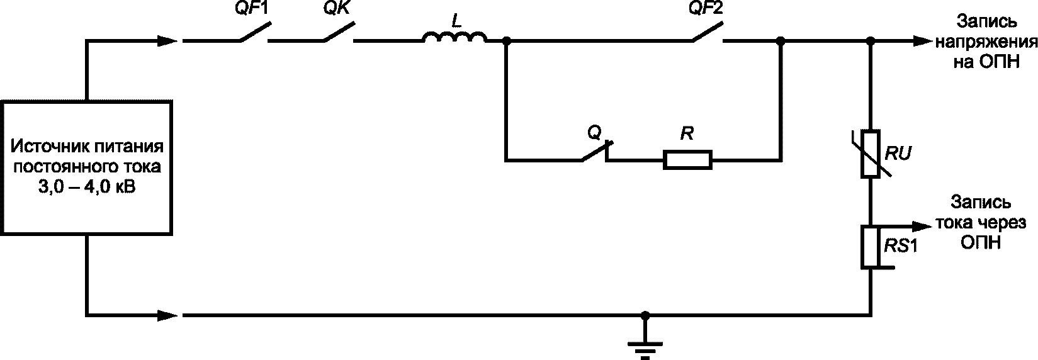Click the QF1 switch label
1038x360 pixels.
pyautogui.click(x=251, y=8)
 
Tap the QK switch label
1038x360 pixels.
pyautogui.click(x=337, y=8)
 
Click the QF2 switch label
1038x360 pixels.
pyautogui.click(x=706, y=8)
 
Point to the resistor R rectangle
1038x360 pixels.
pyautogui.click(x=687, y=160)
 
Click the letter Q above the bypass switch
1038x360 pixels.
pyautogui.click(x=594, y=133)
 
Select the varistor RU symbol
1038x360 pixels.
pyautogui.click(x=871, y=154)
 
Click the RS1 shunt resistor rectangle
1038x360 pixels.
pyautogui.click(x=871, y=247)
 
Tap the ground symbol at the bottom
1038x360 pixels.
pyautogui.click(x=645, y=349)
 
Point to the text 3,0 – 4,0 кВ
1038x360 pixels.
pyautogui.click(x=87, y=187)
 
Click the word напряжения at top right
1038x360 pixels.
pyautogui.click(x=986, y=42)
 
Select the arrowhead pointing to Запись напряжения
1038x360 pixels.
pyautogui.click(x=922, y=42)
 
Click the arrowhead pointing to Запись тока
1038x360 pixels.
pyautogui.click(x=922, y=227)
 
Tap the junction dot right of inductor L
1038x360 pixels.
pyautogui.click(x=507, y=42)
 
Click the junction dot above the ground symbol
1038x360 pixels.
pyautogui.click(x=645, y=315)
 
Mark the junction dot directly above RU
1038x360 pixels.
pyautogui.click(x=871, y=42)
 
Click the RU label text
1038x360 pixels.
pyautogui.click(x=898, y=153)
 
